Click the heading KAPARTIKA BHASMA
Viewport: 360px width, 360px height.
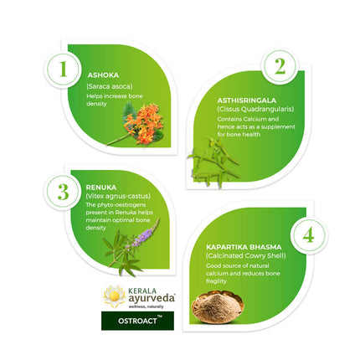coord(243,247)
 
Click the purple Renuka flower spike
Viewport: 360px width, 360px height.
coord(142,234)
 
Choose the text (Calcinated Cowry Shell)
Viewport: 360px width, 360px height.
coord(245,256)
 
